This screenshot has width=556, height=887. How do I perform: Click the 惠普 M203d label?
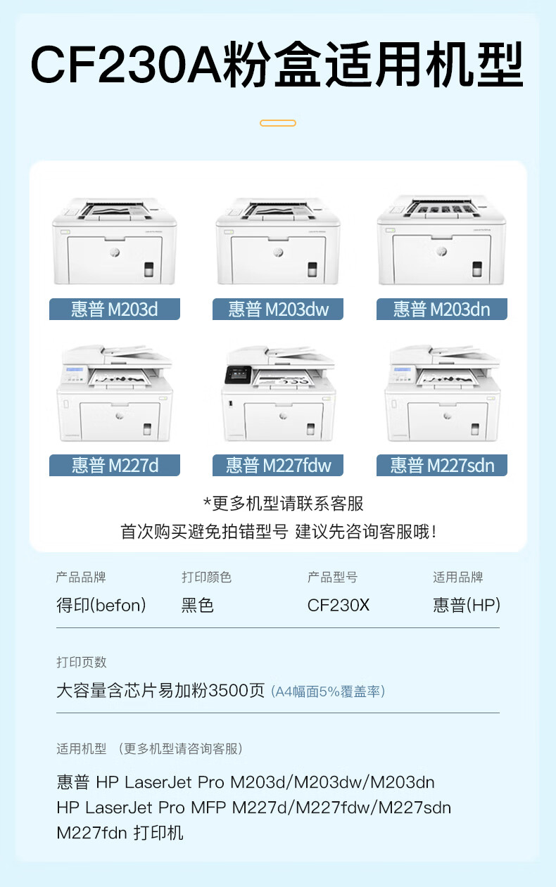115,309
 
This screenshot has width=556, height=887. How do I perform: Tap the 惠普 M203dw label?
278,309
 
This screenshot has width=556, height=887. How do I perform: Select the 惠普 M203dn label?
442,309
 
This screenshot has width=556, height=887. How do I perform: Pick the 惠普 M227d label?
115,465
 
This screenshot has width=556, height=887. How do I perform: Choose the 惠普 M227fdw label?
278,465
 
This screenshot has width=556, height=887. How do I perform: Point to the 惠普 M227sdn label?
442,465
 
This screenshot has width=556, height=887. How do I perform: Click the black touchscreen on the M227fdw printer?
238,375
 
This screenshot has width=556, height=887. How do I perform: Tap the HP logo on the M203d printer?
115,252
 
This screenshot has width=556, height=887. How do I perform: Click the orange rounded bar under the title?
278,123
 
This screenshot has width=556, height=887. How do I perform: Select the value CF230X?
339,605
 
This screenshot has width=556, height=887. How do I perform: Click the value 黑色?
197,605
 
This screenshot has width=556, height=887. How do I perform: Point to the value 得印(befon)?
101,605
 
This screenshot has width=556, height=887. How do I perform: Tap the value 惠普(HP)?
467,605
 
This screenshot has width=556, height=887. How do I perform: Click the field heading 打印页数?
81,662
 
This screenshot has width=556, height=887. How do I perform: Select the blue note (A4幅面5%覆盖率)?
328,691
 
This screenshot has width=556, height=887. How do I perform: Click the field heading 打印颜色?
206,577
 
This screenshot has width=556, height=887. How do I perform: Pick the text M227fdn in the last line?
92,833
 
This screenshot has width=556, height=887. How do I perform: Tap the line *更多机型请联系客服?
284,504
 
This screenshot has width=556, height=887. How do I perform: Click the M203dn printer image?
441,240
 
